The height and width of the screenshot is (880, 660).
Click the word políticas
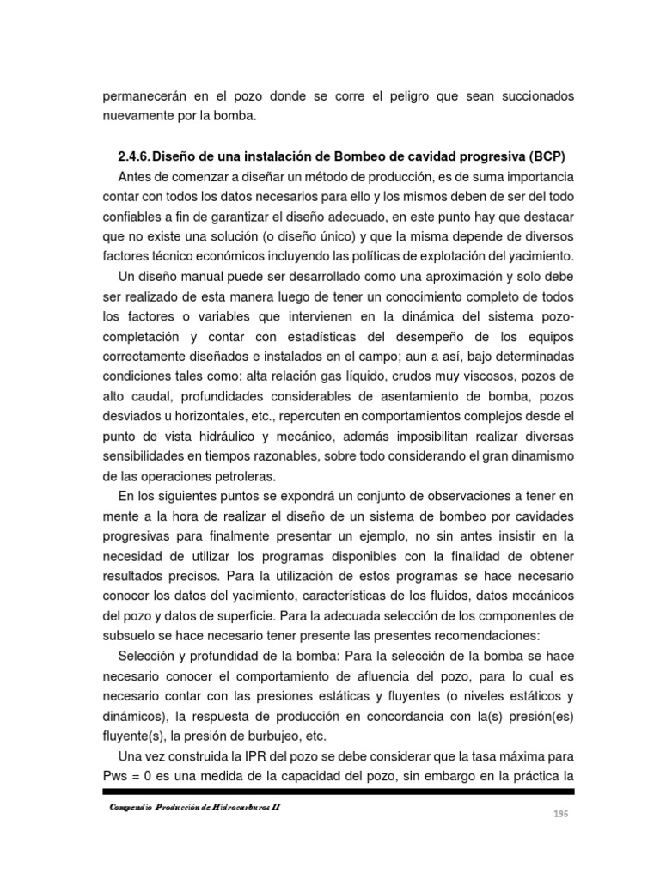pyautogui.click(x=392, y=255)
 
